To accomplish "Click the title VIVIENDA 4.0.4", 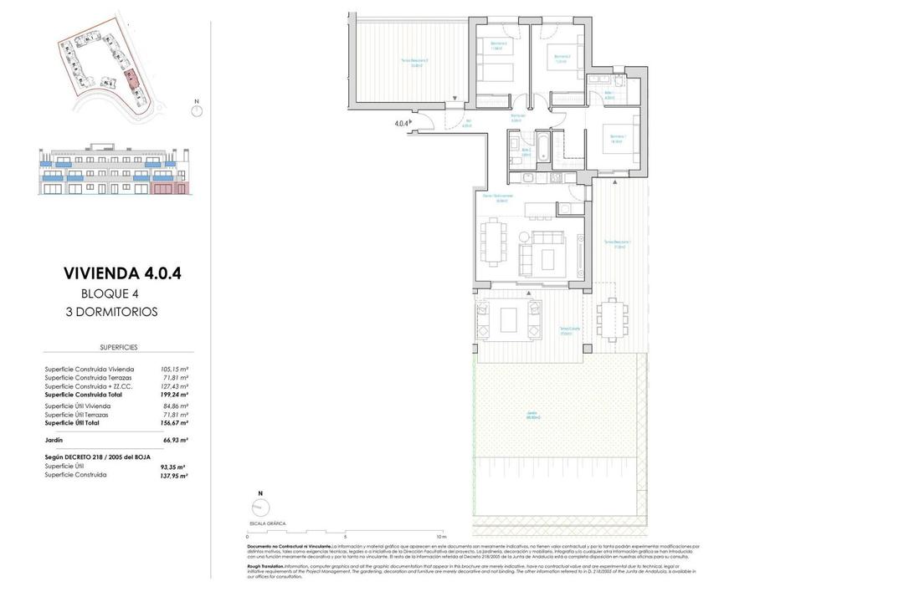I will [x=122, y=273].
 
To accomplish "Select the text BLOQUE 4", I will [x=109, y=293].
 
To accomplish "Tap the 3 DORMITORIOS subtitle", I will [x=111, y=312].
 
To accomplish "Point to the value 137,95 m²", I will [x=173, y=475].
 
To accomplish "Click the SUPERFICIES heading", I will [x=118, y=347].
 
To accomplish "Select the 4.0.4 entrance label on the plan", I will [x=402, y=124].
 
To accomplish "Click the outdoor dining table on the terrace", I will [x=609, y=318].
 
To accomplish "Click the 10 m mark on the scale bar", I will [x=442, y=537].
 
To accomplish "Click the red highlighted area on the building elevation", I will [x=171, y=189].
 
